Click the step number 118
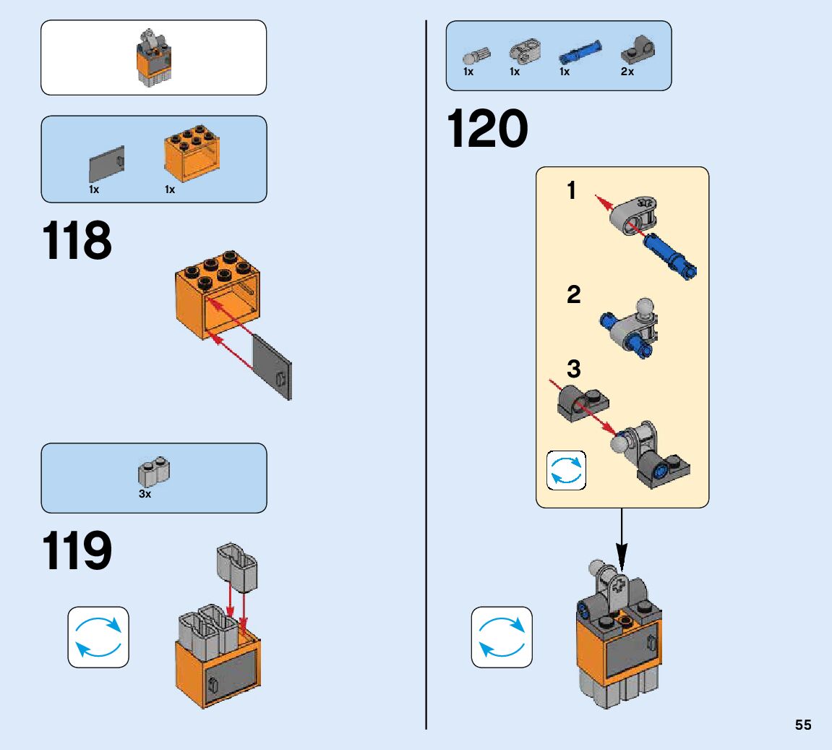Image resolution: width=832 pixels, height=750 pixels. pyautogui.click(x=77, y=241)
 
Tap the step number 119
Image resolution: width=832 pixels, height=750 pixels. pyautogui.click(x=77, y=551)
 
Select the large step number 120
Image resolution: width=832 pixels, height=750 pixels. pyautogui.click(x=487, y=130)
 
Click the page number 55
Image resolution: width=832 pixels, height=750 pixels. pyautogui.click(x=803, y=725)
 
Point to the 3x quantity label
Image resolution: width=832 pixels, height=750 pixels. pyautogui.click(x=145, y=495)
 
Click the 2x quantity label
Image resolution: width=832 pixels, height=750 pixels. pyautogui.click(x=627, y=72)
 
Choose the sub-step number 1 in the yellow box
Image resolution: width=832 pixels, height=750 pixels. pyautogui.click(x=572, y=192)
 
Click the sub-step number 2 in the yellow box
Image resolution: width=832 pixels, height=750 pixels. pyautogui.click(x=574, y=295)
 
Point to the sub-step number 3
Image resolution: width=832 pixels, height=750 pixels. pyautogui.click(x=574, y=370)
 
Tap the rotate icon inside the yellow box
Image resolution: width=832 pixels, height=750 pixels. pyautogui.click(x=565, y=470)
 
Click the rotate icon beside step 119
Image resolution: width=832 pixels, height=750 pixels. pyautogui.click(x=98, y=636)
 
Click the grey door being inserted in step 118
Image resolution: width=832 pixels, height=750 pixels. pyautogui.click(x=273, y=366)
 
